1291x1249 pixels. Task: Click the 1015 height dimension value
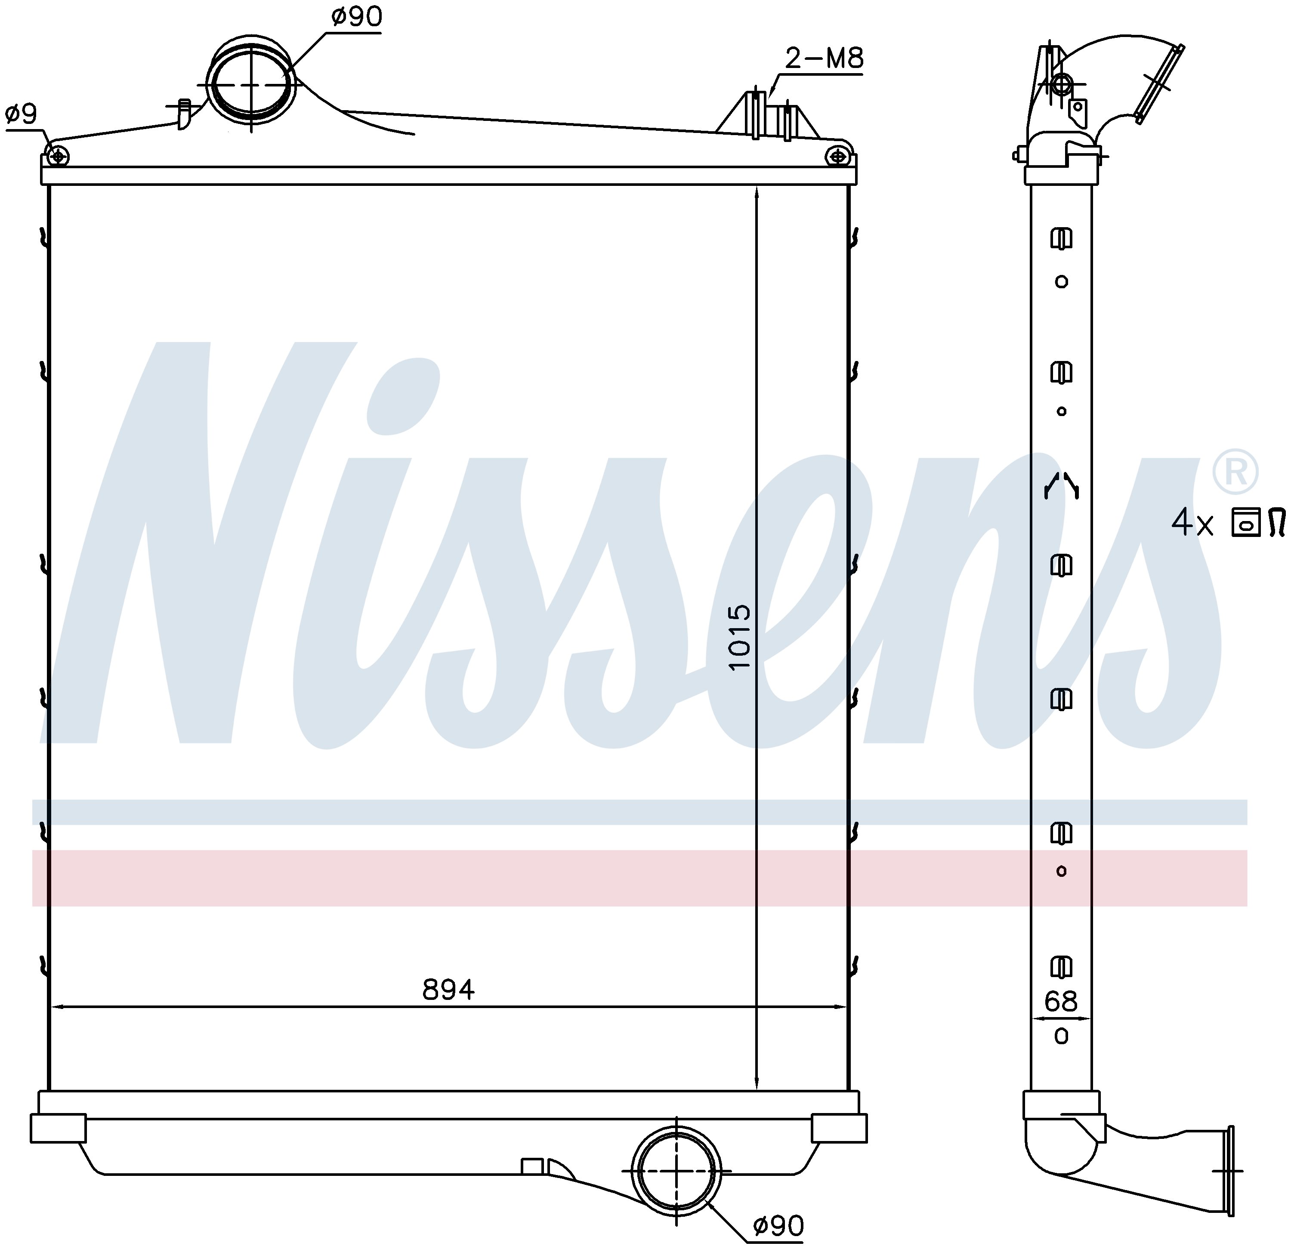(740, 637)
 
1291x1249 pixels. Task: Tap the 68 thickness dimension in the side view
(1060, 1002)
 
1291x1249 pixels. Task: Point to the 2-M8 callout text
(824, 59)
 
